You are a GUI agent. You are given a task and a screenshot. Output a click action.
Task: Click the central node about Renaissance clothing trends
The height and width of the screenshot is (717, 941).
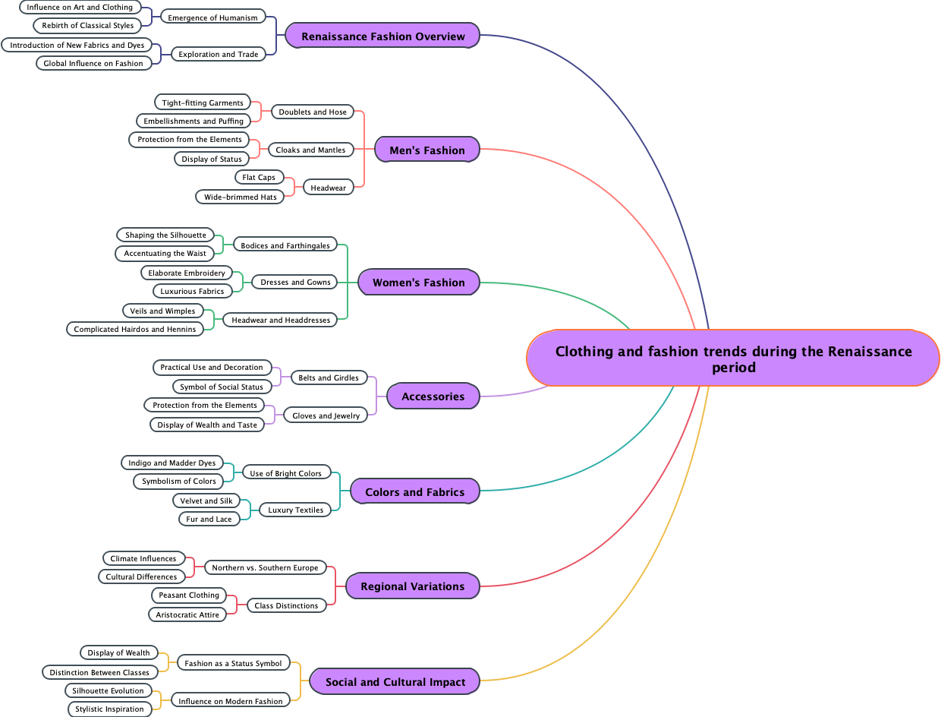point(733,358)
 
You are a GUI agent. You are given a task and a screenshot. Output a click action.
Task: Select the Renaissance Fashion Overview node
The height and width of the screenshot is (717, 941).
point(382,36)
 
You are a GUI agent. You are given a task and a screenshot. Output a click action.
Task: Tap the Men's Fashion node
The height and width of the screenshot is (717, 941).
point(426,150)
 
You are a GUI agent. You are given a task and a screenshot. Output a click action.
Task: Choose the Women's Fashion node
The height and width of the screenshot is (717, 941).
point(418,282)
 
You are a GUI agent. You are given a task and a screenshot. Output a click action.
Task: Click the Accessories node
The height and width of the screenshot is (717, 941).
point(433,396)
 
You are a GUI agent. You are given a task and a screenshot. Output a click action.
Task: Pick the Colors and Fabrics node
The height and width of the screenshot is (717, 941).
point(414,491)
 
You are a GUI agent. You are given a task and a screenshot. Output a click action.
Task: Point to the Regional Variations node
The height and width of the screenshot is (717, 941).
point(412,586)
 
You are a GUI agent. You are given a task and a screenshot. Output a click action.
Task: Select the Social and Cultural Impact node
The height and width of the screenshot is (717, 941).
point(395,681)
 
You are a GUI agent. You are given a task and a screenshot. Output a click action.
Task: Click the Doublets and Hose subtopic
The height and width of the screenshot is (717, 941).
point(313,112)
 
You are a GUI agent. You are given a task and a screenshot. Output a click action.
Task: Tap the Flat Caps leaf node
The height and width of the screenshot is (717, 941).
point(259,177)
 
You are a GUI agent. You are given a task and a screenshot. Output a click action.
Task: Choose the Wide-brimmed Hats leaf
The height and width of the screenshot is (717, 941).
point(240,197)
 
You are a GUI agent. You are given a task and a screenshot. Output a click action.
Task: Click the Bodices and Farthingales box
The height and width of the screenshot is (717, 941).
point(285,245)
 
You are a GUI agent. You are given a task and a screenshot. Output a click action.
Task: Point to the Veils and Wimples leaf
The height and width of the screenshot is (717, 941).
point(162,311)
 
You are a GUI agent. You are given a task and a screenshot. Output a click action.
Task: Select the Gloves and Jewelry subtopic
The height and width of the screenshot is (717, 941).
point(326,415)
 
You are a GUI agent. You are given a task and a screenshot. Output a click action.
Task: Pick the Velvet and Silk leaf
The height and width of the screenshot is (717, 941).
point(206,501)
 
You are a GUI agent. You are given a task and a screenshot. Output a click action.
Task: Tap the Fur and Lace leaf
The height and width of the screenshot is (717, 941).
point(209,519)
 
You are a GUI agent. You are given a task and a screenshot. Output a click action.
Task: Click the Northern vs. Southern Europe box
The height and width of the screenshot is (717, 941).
point(266,567)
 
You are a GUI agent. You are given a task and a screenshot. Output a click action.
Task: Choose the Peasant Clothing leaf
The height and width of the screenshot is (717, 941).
point(189,595)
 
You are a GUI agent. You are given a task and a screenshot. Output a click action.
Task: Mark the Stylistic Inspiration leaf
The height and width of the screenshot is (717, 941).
point(109,709)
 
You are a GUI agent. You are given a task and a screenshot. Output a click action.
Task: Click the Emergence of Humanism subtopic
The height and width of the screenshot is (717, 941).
point(212,17)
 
